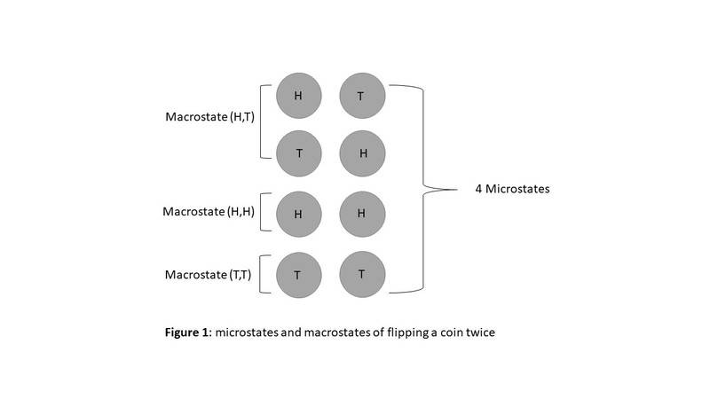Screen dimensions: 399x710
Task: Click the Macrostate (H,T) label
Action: (x=209, y=118)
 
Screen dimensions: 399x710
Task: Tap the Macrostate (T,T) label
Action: (x=209, y=274)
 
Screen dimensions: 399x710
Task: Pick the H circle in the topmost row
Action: (x=298, y=95)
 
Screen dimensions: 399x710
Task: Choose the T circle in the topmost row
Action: (x=361, y=95)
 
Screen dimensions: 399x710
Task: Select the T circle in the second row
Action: (x=298, y=153)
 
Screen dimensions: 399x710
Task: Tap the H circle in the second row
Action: (x=361, y=153)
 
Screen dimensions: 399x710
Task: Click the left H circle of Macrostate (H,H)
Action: (x=298, y=213)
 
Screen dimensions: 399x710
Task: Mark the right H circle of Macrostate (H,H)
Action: (x=361, y=213)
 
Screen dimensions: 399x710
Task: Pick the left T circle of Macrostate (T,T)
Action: (x=298, y=274)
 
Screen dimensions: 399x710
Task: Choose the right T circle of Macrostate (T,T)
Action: (x=361, y=274)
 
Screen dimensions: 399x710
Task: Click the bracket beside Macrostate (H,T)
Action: (x=264, y=121)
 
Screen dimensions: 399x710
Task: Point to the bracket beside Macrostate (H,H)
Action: (x=264, y=213)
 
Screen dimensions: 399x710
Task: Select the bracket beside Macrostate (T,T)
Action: (x=264, y=273)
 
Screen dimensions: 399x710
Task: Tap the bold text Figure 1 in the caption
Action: (x=190, y=333)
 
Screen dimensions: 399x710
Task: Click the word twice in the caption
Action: (x=489, y=333)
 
